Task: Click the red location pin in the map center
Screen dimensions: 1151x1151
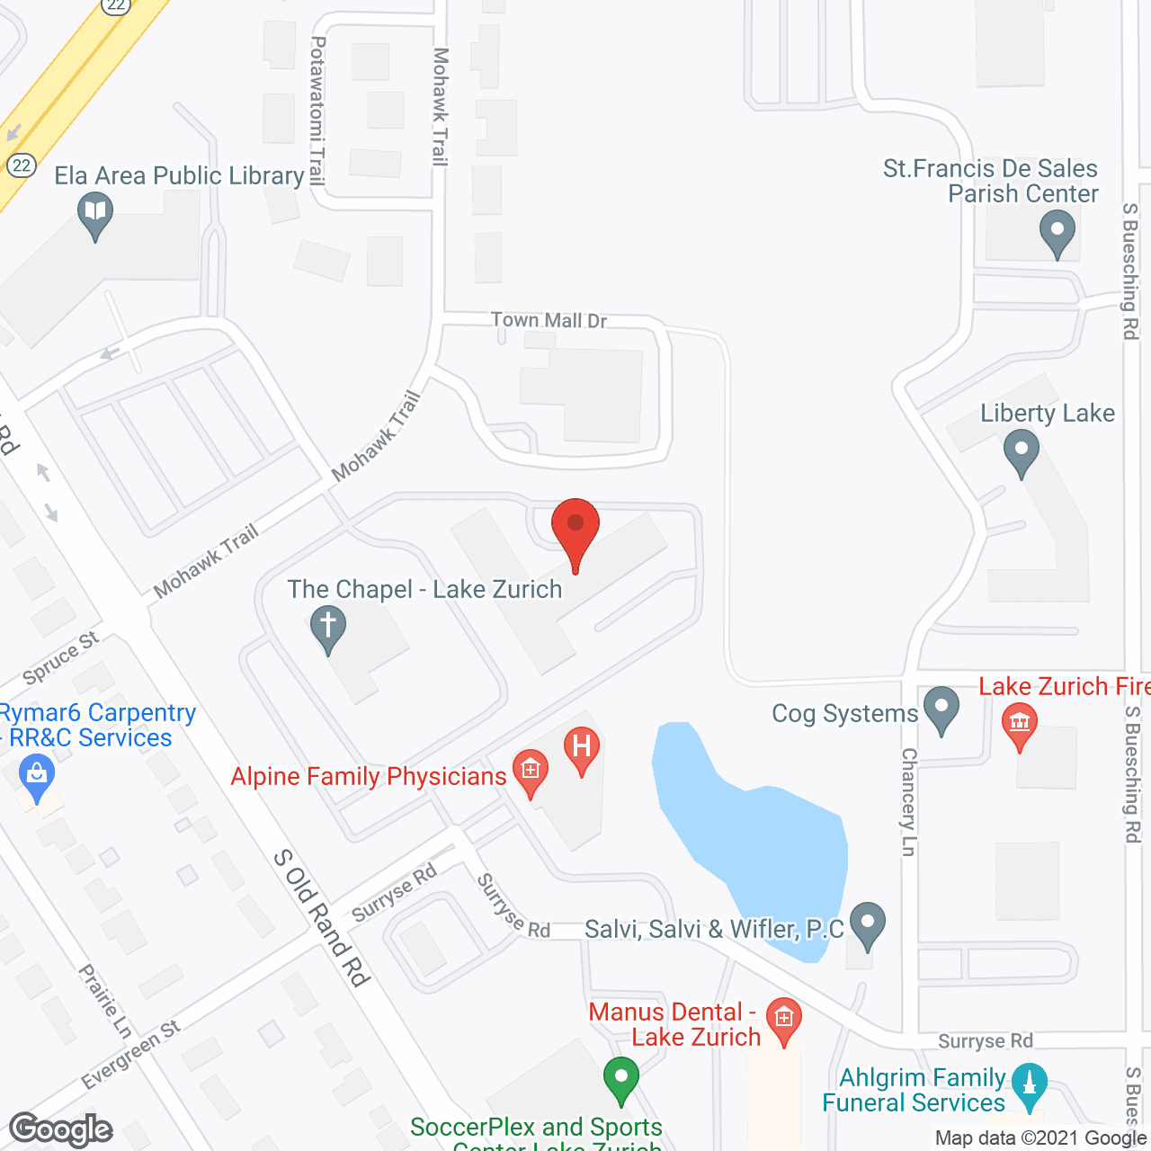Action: tap(575, 526)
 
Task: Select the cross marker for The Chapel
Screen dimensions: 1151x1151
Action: tap(327, 626)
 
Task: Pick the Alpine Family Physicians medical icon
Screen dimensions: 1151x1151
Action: tap(531, 772)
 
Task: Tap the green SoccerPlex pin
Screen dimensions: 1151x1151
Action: tap(620, 1077)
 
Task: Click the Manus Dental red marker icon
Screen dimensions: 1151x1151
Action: tap(784, 1020)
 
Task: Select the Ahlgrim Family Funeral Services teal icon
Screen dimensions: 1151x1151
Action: tap(1030, 1084)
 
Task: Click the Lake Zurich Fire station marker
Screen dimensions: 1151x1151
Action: tap(1019, 723)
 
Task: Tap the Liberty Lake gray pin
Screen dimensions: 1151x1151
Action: tap(1021, 450)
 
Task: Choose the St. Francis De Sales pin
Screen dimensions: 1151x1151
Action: tap(1057, 230)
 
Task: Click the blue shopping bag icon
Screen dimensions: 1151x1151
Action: tap(36, 775)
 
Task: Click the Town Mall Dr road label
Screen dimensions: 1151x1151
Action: tap(549, 320)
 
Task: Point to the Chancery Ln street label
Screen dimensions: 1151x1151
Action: tap(909, 801)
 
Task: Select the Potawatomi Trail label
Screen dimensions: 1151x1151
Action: tap(317, 110)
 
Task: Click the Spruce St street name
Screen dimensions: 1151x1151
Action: tap(60, 657)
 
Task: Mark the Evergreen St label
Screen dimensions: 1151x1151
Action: tap(131, 1054)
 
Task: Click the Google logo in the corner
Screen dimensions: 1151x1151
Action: tap(61, 1129)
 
